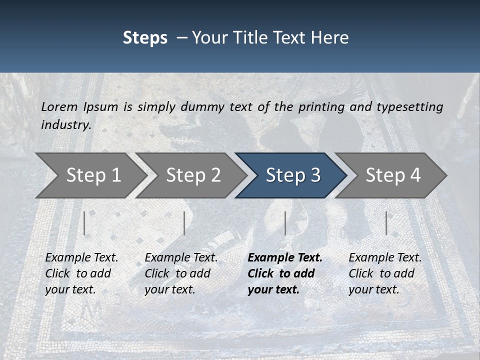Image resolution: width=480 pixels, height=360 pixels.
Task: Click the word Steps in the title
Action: pyautogui.click(x=145, y=38)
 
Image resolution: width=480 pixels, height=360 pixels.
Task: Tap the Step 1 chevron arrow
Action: pyautogui.click(x=92, y=175)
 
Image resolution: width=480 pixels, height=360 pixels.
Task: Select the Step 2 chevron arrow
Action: pyautogui.click(x=192, y=175)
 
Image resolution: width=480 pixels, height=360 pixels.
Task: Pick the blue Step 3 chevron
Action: pyautogui.click(x=292, y=175)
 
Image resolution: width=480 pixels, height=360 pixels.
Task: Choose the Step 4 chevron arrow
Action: pyautogui.click(x=392, y=175)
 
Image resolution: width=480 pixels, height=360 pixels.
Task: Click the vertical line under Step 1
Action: pyautogui.click(x=84, y=223)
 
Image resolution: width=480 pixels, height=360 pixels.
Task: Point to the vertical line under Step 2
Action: pyautogui.click(x=184, y=223)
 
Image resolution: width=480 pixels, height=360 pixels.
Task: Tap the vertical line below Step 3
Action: pyautogui.click(x=285, y=223)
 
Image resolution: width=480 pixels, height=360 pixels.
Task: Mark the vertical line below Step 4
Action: pyautogui.click(x=386, y=223)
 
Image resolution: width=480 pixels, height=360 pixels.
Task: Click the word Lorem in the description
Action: pyautogui.click(x=59, y=106)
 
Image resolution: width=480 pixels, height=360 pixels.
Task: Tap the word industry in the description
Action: pyautogui.click(x=66, y=125)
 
